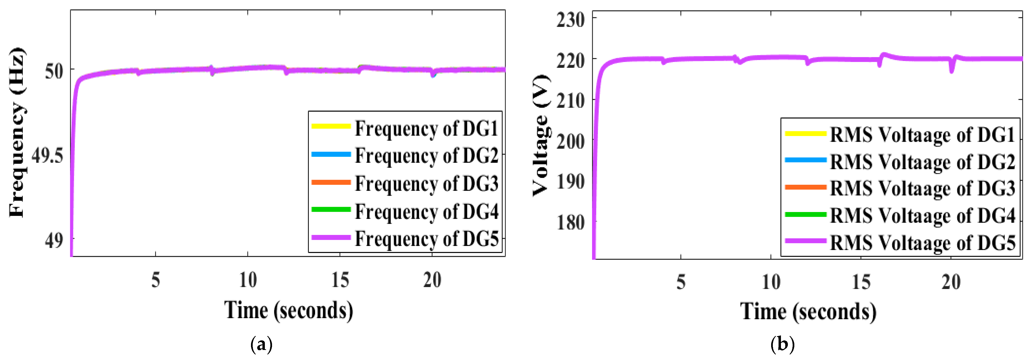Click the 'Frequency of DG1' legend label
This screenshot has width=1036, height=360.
click(426, 129)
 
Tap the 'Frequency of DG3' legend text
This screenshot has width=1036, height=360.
click(426, 183)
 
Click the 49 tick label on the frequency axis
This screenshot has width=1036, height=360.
click(54, 240)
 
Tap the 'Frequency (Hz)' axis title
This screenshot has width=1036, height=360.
click(17, 133)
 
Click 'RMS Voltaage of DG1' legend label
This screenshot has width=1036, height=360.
click(922, 134)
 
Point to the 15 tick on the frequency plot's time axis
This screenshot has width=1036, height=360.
click(340, 280)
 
